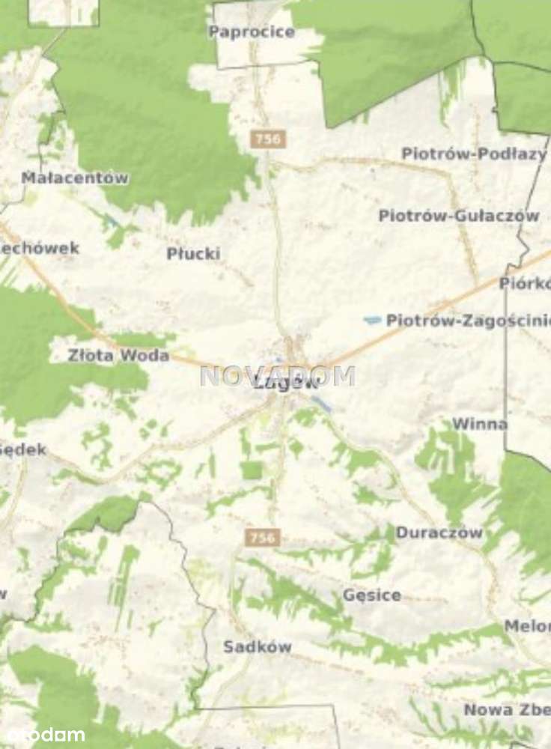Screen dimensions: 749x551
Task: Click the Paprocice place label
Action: point(252,32)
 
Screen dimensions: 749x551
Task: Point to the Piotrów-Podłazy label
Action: point(474,154)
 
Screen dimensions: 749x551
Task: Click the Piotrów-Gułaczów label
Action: point(458,216)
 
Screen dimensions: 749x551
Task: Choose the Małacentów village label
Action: point(75,178)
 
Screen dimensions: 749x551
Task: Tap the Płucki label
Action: point(193,254)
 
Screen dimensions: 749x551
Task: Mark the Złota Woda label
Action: point(118,356)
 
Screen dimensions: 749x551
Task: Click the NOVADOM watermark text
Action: point(277,375)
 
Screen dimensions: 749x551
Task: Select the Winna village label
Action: point(479,425)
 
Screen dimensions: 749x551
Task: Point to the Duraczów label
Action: point(439,533)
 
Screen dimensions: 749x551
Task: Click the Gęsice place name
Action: point(371,595)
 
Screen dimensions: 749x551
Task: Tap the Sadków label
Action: point(258,647)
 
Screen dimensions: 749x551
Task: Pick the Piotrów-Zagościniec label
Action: point(467,321)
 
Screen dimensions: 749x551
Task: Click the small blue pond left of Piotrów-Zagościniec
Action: point(372,321)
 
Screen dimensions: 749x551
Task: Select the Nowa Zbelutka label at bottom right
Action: point(507,709)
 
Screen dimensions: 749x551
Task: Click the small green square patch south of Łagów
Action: point(252,470)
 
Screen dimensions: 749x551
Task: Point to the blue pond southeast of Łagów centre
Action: point(322,404)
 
